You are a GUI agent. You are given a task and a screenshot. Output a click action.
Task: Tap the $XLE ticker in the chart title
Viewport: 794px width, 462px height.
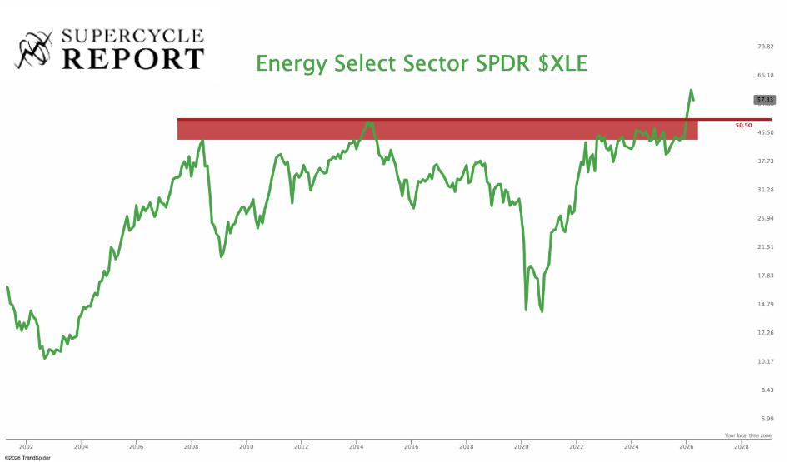[562, 63]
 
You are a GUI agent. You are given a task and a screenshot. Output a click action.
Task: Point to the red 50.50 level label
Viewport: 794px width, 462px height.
[744, 125]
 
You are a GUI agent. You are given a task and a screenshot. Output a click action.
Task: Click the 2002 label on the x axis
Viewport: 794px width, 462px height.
[26, 445]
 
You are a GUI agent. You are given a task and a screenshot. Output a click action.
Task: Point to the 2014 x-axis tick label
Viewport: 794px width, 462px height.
[356, 445]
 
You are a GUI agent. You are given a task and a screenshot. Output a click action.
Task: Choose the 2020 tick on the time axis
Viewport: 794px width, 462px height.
[521, 445]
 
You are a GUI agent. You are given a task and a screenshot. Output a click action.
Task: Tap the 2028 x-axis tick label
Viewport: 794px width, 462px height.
[741, 445]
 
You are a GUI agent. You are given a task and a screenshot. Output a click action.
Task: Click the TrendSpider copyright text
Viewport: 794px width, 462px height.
[27, 457]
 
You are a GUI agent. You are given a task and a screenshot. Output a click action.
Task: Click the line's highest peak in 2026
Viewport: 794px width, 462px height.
[691, 90]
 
